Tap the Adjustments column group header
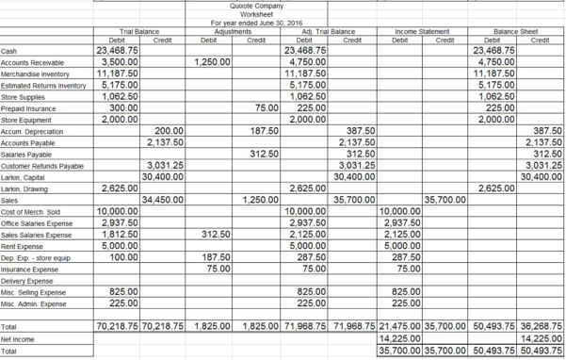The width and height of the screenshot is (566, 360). [230, 32]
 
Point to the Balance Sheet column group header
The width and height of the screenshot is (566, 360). [514, 32]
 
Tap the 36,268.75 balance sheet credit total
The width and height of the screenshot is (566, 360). [538, 325]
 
